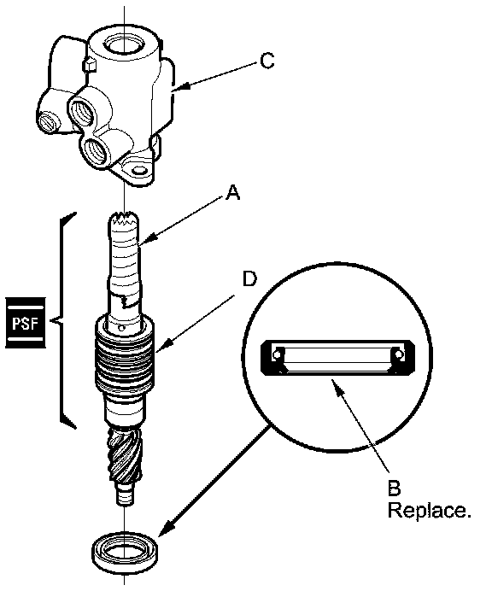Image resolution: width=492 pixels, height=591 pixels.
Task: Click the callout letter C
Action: click(266, 61)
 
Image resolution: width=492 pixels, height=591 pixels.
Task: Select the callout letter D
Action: click(249, 279)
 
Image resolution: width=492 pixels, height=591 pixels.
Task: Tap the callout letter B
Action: click(394, 489)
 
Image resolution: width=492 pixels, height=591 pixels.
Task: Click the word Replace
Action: click(429, 511)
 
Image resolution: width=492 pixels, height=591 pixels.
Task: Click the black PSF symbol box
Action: click(26, 322)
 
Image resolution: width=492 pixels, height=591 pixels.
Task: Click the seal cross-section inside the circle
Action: click(337, 357)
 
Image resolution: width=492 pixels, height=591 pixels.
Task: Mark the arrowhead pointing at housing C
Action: click(182, 87)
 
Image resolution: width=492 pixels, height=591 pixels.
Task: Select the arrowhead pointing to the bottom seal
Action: click(167, 529)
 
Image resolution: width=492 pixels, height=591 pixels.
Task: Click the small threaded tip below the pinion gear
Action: click(124, 496)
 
